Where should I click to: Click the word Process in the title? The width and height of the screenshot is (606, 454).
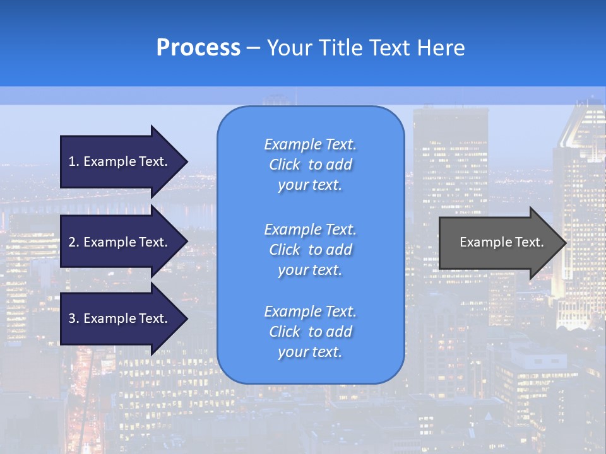198,48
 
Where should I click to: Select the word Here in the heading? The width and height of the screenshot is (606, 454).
441,48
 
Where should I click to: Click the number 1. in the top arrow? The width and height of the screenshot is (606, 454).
74,161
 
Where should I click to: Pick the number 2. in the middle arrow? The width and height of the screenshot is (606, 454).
74,242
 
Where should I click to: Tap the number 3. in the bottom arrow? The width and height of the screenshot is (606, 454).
74,318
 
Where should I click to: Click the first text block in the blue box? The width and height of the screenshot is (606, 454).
310,165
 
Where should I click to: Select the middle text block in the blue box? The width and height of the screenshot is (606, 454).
310,250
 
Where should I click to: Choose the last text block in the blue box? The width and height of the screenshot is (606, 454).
310,332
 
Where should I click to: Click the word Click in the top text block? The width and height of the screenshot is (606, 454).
285,165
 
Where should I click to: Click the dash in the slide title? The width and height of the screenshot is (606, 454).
254,48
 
